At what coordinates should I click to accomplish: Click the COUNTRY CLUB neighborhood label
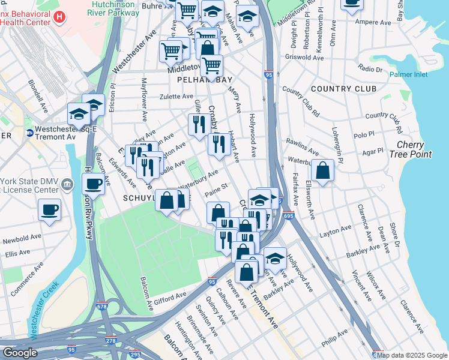pyautogui.click(x=345, y=89)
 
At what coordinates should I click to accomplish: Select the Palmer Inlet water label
pyautogui.click(x=408, y=74)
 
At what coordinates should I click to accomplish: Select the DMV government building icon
pyautogui.click(x=69, y=183)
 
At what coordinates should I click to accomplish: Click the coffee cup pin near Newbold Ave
pyautogui.click(x=49, y=210)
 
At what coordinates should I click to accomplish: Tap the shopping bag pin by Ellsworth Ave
pyautogui.click(x=322, y=170)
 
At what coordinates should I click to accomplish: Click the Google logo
pyautogui.click(x=19, y=353)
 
